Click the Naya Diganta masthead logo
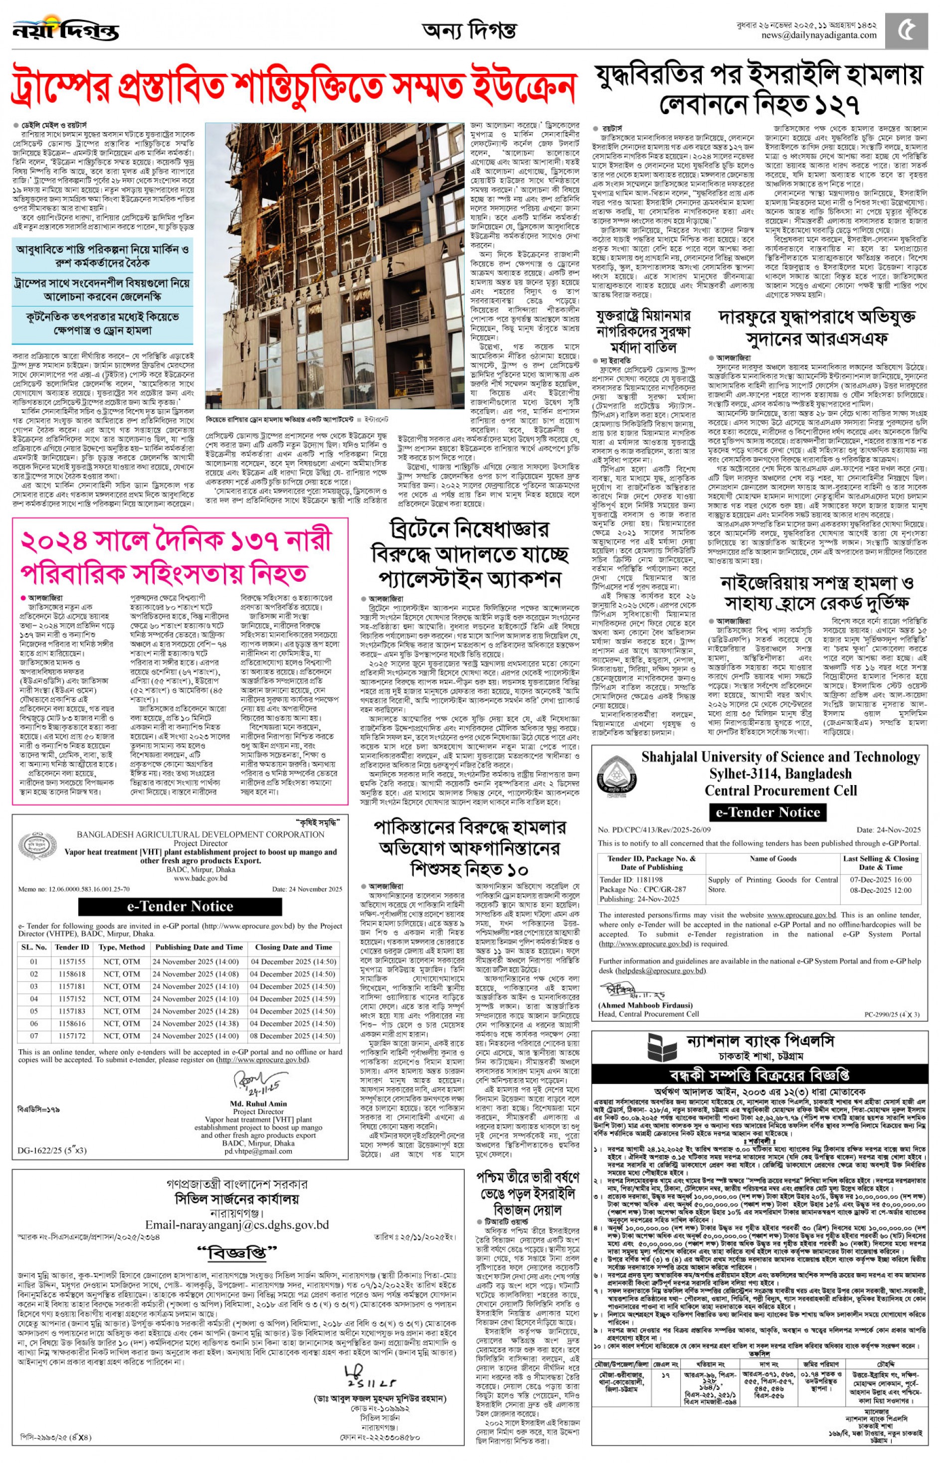pos(66,29)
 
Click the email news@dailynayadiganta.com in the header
pos(818,35)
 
